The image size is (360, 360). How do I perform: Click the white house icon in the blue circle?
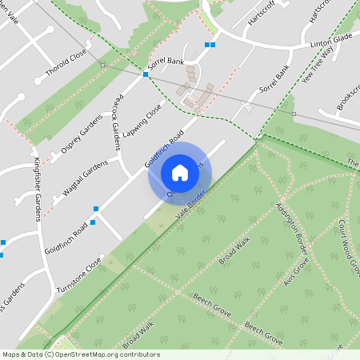[180, 173]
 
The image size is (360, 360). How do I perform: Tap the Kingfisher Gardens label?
[37, 189]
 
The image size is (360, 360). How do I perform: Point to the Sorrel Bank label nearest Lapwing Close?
[166, 63]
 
